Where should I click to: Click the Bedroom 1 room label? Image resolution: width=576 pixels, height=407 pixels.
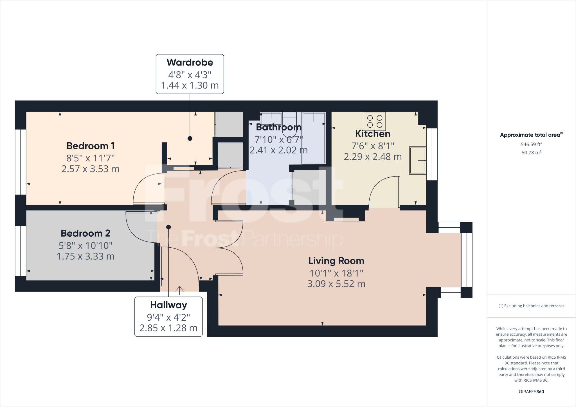(x=90, y=146)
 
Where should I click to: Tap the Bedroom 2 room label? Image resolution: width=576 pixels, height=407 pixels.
(x=85, y=233)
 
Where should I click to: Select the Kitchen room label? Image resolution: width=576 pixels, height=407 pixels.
(x=373, y=134)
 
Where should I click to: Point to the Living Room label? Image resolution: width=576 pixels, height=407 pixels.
(x=336, y=261)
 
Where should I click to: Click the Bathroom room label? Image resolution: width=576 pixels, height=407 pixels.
(x=278, y=127)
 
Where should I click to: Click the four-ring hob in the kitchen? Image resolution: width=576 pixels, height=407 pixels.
(x=375, y=121)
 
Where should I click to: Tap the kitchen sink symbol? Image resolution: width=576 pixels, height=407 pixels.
(x=417, y=160)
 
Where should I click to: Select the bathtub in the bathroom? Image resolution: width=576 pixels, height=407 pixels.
(x=314, y=138)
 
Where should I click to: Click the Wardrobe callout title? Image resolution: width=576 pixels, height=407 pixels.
(x=190, y=62)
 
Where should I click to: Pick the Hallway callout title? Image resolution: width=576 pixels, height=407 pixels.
(x=168, y=305)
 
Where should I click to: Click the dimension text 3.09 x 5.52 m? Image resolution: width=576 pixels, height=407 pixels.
(x=336, y=284)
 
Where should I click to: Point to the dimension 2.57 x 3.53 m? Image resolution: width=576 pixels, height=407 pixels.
(x=90, y=169)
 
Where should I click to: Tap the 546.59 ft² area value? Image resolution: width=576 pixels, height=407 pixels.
(x=531, y=144)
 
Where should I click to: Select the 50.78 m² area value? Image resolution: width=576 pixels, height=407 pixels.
(x=531, y=153)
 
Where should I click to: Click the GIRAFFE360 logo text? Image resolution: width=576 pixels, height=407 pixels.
(x=531, y=392)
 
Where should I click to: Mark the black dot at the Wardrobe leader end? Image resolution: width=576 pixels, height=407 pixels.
(x=190, y=138)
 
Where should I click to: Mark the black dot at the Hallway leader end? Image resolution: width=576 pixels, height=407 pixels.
(x=168, y=227)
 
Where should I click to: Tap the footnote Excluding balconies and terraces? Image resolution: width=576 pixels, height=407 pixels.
(x=531, y=306)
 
